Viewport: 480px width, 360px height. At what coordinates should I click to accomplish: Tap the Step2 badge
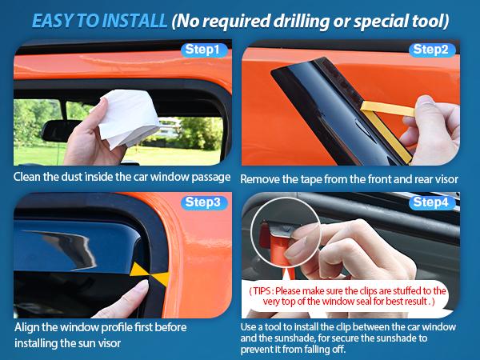pos(433,50)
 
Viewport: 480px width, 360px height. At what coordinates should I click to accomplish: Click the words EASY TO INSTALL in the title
pos(95,17)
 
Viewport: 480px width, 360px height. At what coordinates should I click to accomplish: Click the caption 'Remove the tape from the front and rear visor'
pos(349,178)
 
